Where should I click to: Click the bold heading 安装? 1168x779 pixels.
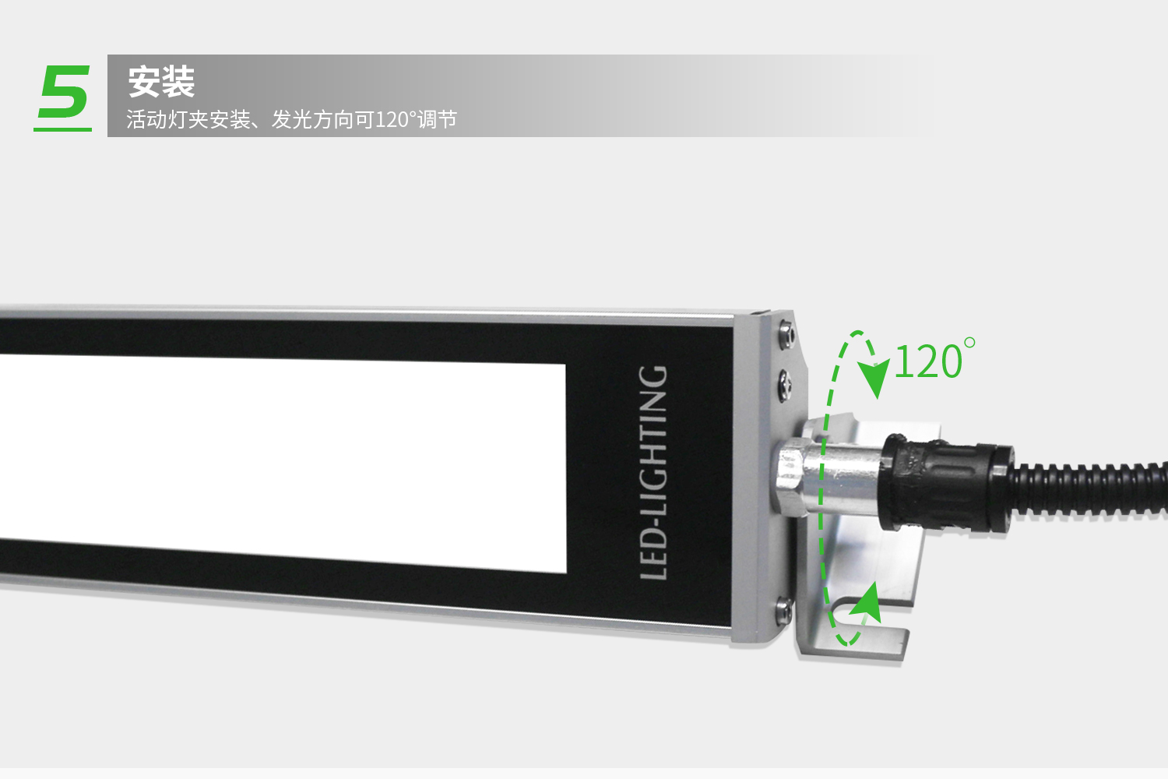[161, 82]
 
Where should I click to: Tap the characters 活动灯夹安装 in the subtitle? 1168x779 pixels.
[188, 119]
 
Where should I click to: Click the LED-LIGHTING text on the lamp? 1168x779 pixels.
[653, 473]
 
